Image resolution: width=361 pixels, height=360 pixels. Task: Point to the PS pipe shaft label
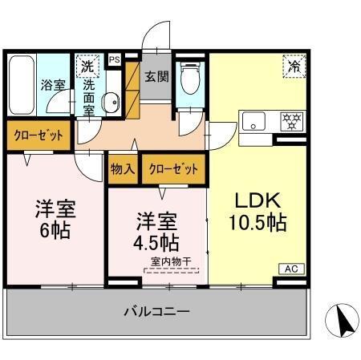click(114, 59)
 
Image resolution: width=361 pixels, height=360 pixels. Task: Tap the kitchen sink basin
click(254, 123)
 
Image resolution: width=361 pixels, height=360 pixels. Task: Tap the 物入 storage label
click(123, 169)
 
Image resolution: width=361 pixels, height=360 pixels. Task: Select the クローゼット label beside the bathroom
click(39, 135)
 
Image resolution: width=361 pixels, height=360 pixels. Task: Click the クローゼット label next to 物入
click(172, 169)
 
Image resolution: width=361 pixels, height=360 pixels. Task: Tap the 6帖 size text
click(54, 231)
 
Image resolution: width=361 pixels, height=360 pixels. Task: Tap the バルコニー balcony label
click(156, 310)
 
